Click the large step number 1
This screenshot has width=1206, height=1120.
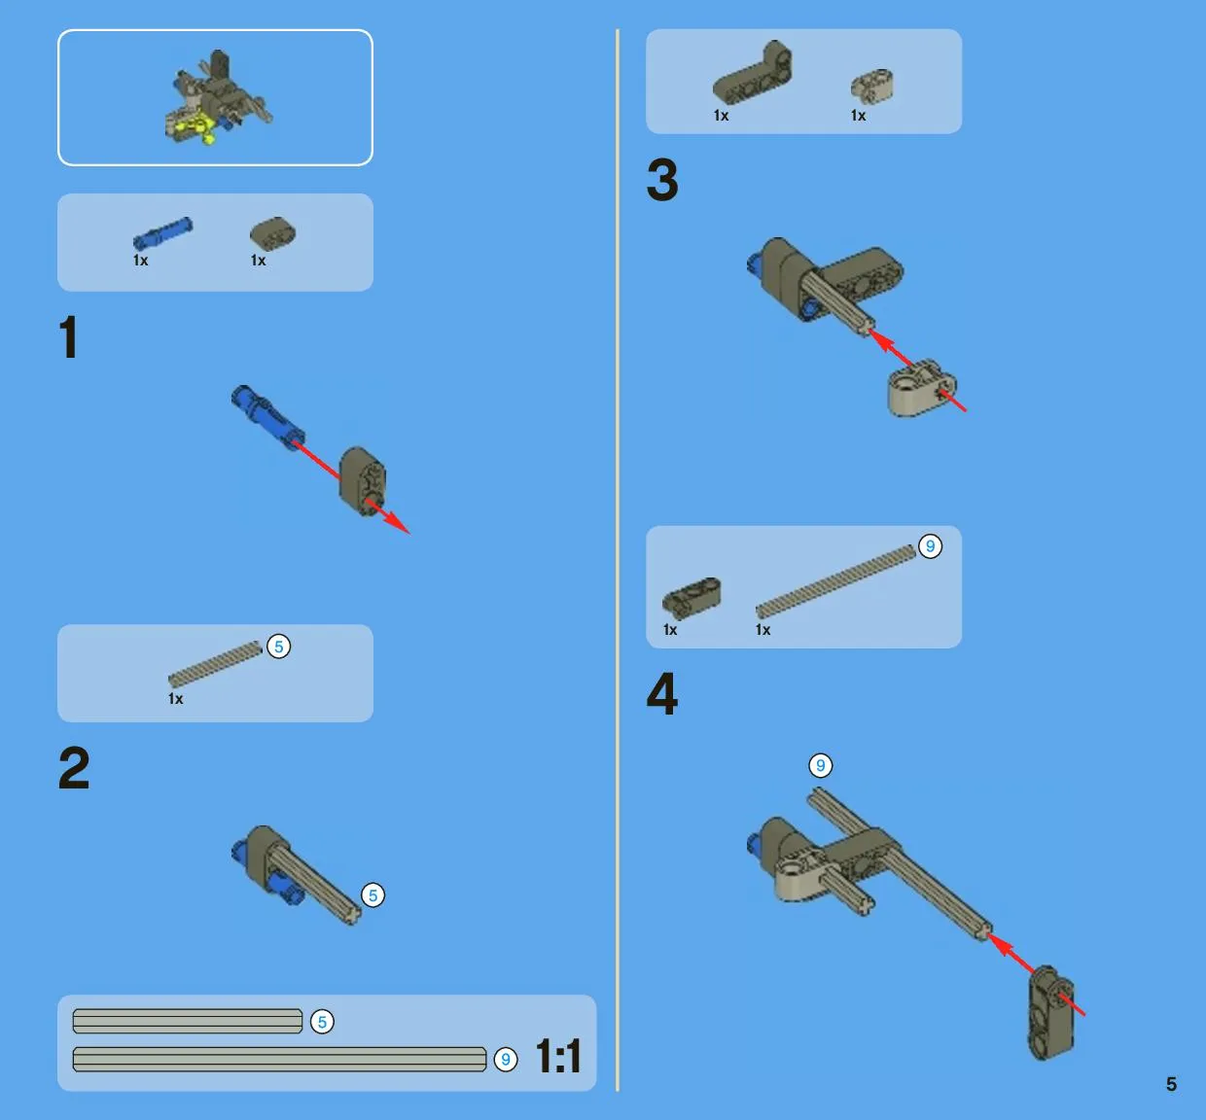69,337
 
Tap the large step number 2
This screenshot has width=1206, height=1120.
74,768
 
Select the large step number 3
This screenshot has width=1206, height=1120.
662,180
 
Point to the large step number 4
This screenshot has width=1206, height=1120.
662,693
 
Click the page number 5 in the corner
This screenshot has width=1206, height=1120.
1171,1084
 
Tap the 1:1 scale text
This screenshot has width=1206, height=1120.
558,1057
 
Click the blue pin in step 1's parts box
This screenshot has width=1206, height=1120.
162,233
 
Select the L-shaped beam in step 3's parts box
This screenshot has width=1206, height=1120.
753,74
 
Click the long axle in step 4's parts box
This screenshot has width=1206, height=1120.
835,581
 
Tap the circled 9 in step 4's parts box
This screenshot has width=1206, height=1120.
930,546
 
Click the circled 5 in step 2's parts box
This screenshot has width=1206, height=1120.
279,647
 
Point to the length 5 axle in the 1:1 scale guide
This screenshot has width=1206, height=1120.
188,1021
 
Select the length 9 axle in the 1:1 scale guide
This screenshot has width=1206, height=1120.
279,1060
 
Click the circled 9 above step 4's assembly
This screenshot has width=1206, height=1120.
821,765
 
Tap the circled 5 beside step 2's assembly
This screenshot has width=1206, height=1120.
372,895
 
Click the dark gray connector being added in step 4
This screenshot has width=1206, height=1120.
1051,1012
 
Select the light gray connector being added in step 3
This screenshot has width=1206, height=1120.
922,389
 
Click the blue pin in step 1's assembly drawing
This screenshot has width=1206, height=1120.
267,417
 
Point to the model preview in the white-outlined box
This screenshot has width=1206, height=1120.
216,97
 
